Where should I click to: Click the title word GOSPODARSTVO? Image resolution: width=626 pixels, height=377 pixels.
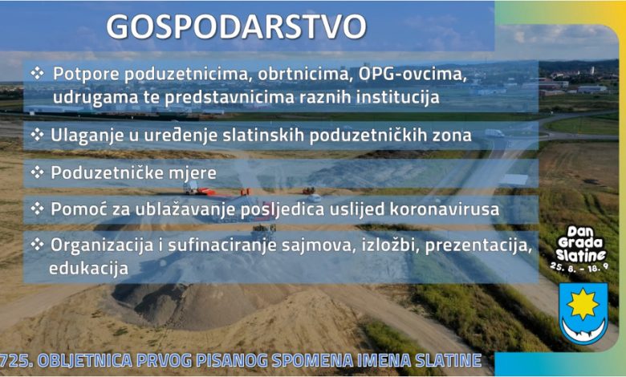point(236,26)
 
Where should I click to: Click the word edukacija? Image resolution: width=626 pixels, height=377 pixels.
point(88,268)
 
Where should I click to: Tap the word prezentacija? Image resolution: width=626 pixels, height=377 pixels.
point(478,245)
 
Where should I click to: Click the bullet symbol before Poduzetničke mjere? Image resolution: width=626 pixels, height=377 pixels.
point(37,172)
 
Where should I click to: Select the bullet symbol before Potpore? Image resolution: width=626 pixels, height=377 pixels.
point(37,73)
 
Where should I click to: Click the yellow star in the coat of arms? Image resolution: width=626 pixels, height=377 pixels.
point(583,304)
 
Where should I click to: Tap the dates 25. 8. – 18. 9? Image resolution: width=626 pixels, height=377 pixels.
point(579,266)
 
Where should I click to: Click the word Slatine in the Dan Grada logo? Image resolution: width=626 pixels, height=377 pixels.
point(581,254)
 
